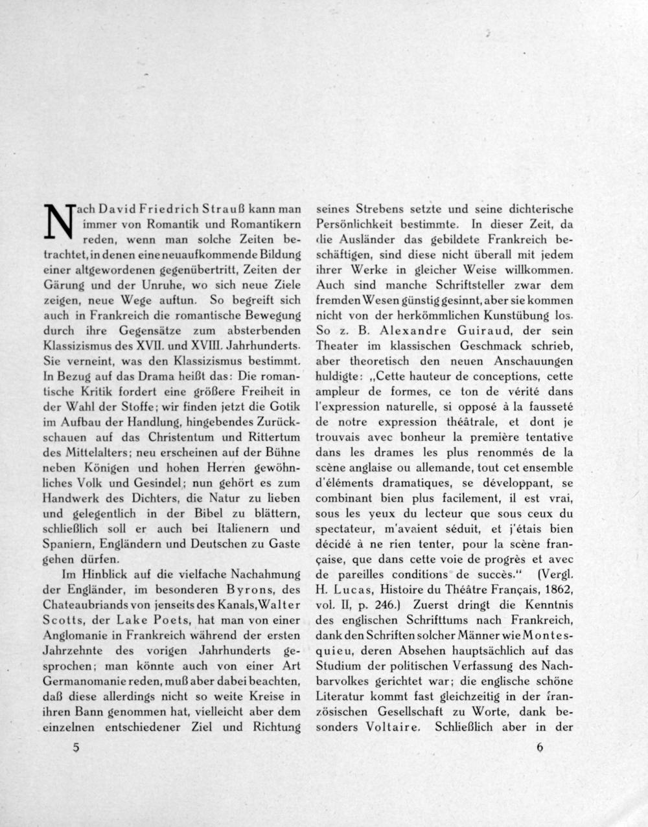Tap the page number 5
pyautogui.click(x=76, y=747)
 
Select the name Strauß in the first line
pyautogui.click(x=226, y=210)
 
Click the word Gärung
pyautogui.click(x=62, y=285)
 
